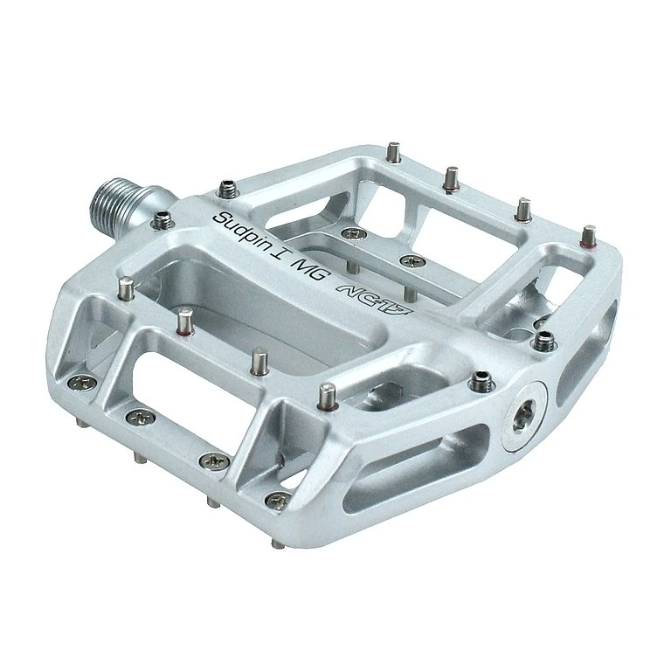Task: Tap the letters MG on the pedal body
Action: pos(311,271)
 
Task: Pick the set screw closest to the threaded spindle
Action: pos(163,219)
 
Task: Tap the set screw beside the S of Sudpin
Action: pos(227,190)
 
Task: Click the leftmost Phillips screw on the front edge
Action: pos(80,383)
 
